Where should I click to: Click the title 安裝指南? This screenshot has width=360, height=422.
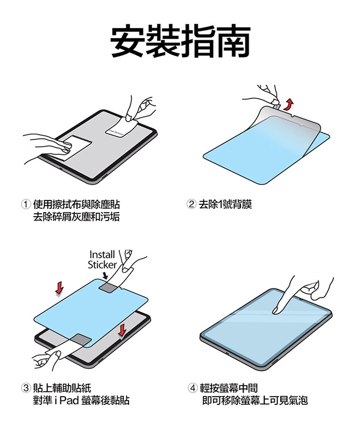pos(180,40)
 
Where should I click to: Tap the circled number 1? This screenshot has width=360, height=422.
pos(26,204)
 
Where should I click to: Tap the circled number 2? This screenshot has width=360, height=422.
pos(191,204)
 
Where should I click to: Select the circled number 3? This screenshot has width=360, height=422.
pos(26,388)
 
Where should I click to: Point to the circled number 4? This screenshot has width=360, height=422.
pos(192,388)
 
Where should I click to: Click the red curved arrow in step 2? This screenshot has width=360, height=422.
pos(289,105)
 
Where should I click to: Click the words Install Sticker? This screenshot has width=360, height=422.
pos(102,259)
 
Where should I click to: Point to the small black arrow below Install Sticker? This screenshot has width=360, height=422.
pos(105,275)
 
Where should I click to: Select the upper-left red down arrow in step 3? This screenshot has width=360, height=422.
pos(59,288)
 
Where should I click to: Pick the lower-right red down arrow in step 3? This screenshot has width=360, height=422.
pos(122,330)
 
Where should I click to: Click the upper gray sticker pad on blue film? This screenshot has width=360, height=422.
pos(108,287)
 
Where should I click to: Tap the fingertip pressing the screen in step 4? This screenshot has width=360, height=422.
pos(275,311)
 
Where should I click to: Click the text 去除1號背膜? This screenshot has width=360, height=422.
pos(225,204)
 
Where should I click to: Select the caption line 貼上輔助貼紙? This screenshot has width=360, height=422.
pos(62,388)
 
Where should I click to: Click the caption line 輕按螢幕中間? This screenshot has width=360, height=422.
pos(229,388)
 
